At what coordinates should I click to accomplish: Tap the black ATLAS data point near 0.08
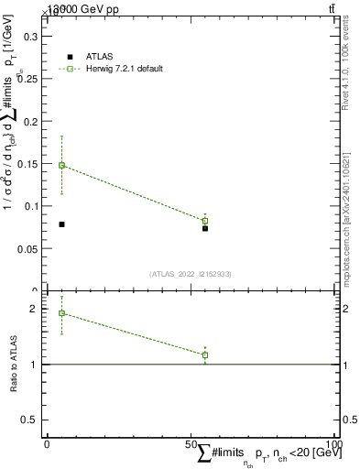(61, 224)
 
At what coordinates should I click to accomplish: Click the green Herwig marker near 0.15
(61, 166)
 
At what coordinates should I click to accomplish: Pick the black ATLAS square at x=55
(205, 228)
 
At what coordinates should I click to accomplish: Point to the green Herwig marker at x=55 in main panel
(205, 221)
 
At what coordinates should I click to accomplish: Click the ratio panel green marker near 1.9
(61, 313)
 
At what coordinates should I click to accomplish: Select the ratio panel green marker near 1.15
(205, 354)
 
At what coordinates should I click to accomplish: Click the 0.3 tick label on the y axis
(30, 37)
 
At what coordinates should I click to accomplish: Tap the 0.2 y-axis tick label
(30, 122)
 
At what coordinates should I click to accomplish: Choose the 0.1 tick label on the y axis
(30, 206)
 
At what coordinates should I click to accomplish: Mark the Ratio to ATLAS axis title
(13, 365)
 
